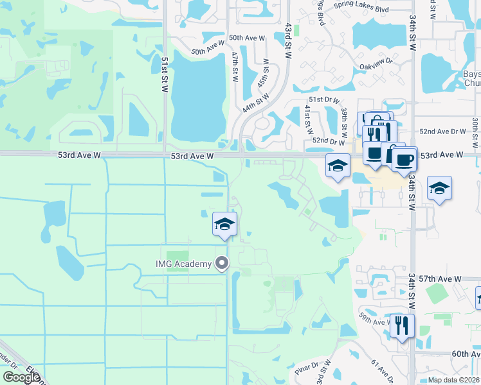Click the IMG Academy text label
[183, 264]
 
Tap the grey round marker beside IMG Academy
[222, 263]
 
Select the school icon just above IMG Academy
[224, 224]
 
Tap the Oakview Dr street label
[377, 65]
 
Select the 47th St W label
[236, 64]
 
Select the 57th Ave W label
[443, 279]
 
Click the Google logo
[21, 377]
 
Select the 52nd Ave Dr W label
[442, 131]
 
